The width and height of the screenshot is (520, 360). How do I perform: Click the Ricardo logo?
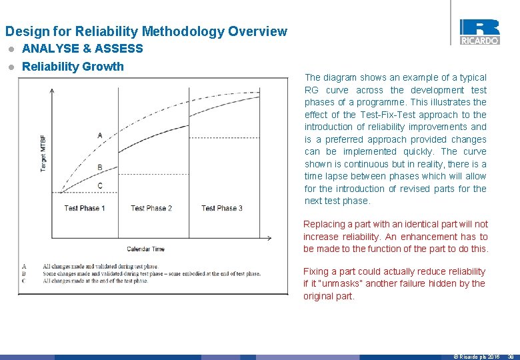coord(479,31)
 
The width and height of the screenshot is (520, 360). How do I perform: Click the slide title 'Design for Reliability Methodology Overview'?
coord(146,31)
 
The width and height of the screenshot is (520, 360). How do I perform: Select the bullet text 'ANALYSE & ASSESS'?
coord(82,49)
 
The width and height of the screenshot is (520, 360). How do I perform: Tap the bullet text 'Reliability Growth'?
coord(73,66)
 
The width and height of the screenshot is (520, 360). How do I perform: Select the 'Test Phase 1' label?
coord(85,208)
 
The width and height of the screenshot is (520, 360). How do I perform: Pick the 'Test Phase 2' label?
coord(151,208)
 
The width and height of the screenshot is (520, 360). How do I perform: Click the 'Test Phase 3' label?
coord(222,208)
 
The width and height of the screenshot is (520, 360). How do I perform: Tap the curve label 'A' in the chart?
coord(100,135)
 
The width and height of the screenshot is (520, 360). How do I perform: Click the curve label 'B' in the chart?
coord(100,167)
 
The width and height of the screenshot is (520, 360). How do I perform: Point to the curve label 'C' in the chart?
coord(100,185)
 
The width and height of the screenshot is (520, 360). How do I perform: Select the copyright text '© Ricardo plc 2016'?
coord(476,357)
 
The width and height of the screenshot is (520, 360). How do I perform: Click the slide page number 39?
coord(510,357)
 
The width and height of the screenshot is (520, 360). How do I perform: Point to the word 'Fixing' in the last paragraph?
coord(316,271)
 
